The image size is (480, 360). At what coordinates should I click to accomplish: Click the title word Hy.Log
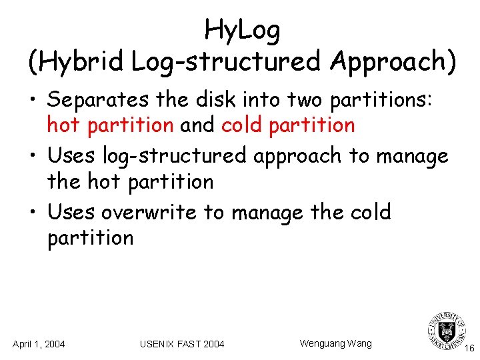(242, 30)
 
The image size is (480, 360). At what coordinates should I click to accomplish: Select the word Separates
(99, 100)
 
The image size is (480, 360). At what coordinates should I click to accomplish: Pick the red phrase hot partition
(110, 125)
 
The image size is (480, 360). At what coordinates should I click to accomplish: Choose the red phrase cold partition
(288, 125)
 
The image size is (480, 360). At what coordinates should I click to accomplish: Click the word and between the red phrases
(198, 125)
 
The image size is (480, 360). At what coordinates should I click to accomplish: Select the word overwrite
(149, 212)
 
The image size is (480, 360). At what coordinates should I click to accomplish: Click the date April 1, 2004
(39, 344)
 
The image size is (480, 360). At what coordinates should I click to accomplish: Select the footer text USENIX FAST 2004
(182, 344)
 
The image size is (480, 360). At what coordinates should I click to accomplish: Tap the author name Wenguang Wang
(335, 343)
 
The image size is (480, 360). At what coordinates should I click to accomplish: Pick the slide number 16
(469, 348)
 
